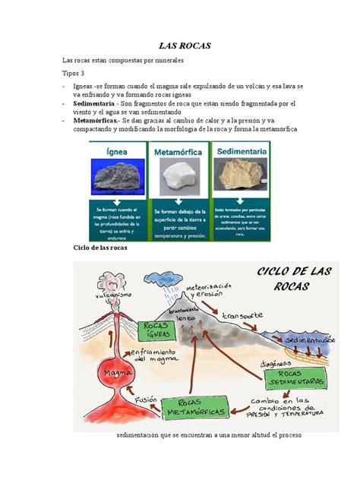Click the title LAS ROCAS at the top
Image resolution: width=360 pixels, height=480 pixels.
[x=179, y=46]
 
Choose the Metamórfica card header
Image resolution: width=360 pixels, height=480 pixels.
[x=180, y=152]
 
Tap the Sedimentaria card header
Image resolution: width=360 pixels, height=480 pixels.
[x=241, y=152]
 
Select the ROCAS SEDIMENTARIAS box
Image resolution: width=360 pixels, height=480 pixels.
[x=302, y=378]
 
